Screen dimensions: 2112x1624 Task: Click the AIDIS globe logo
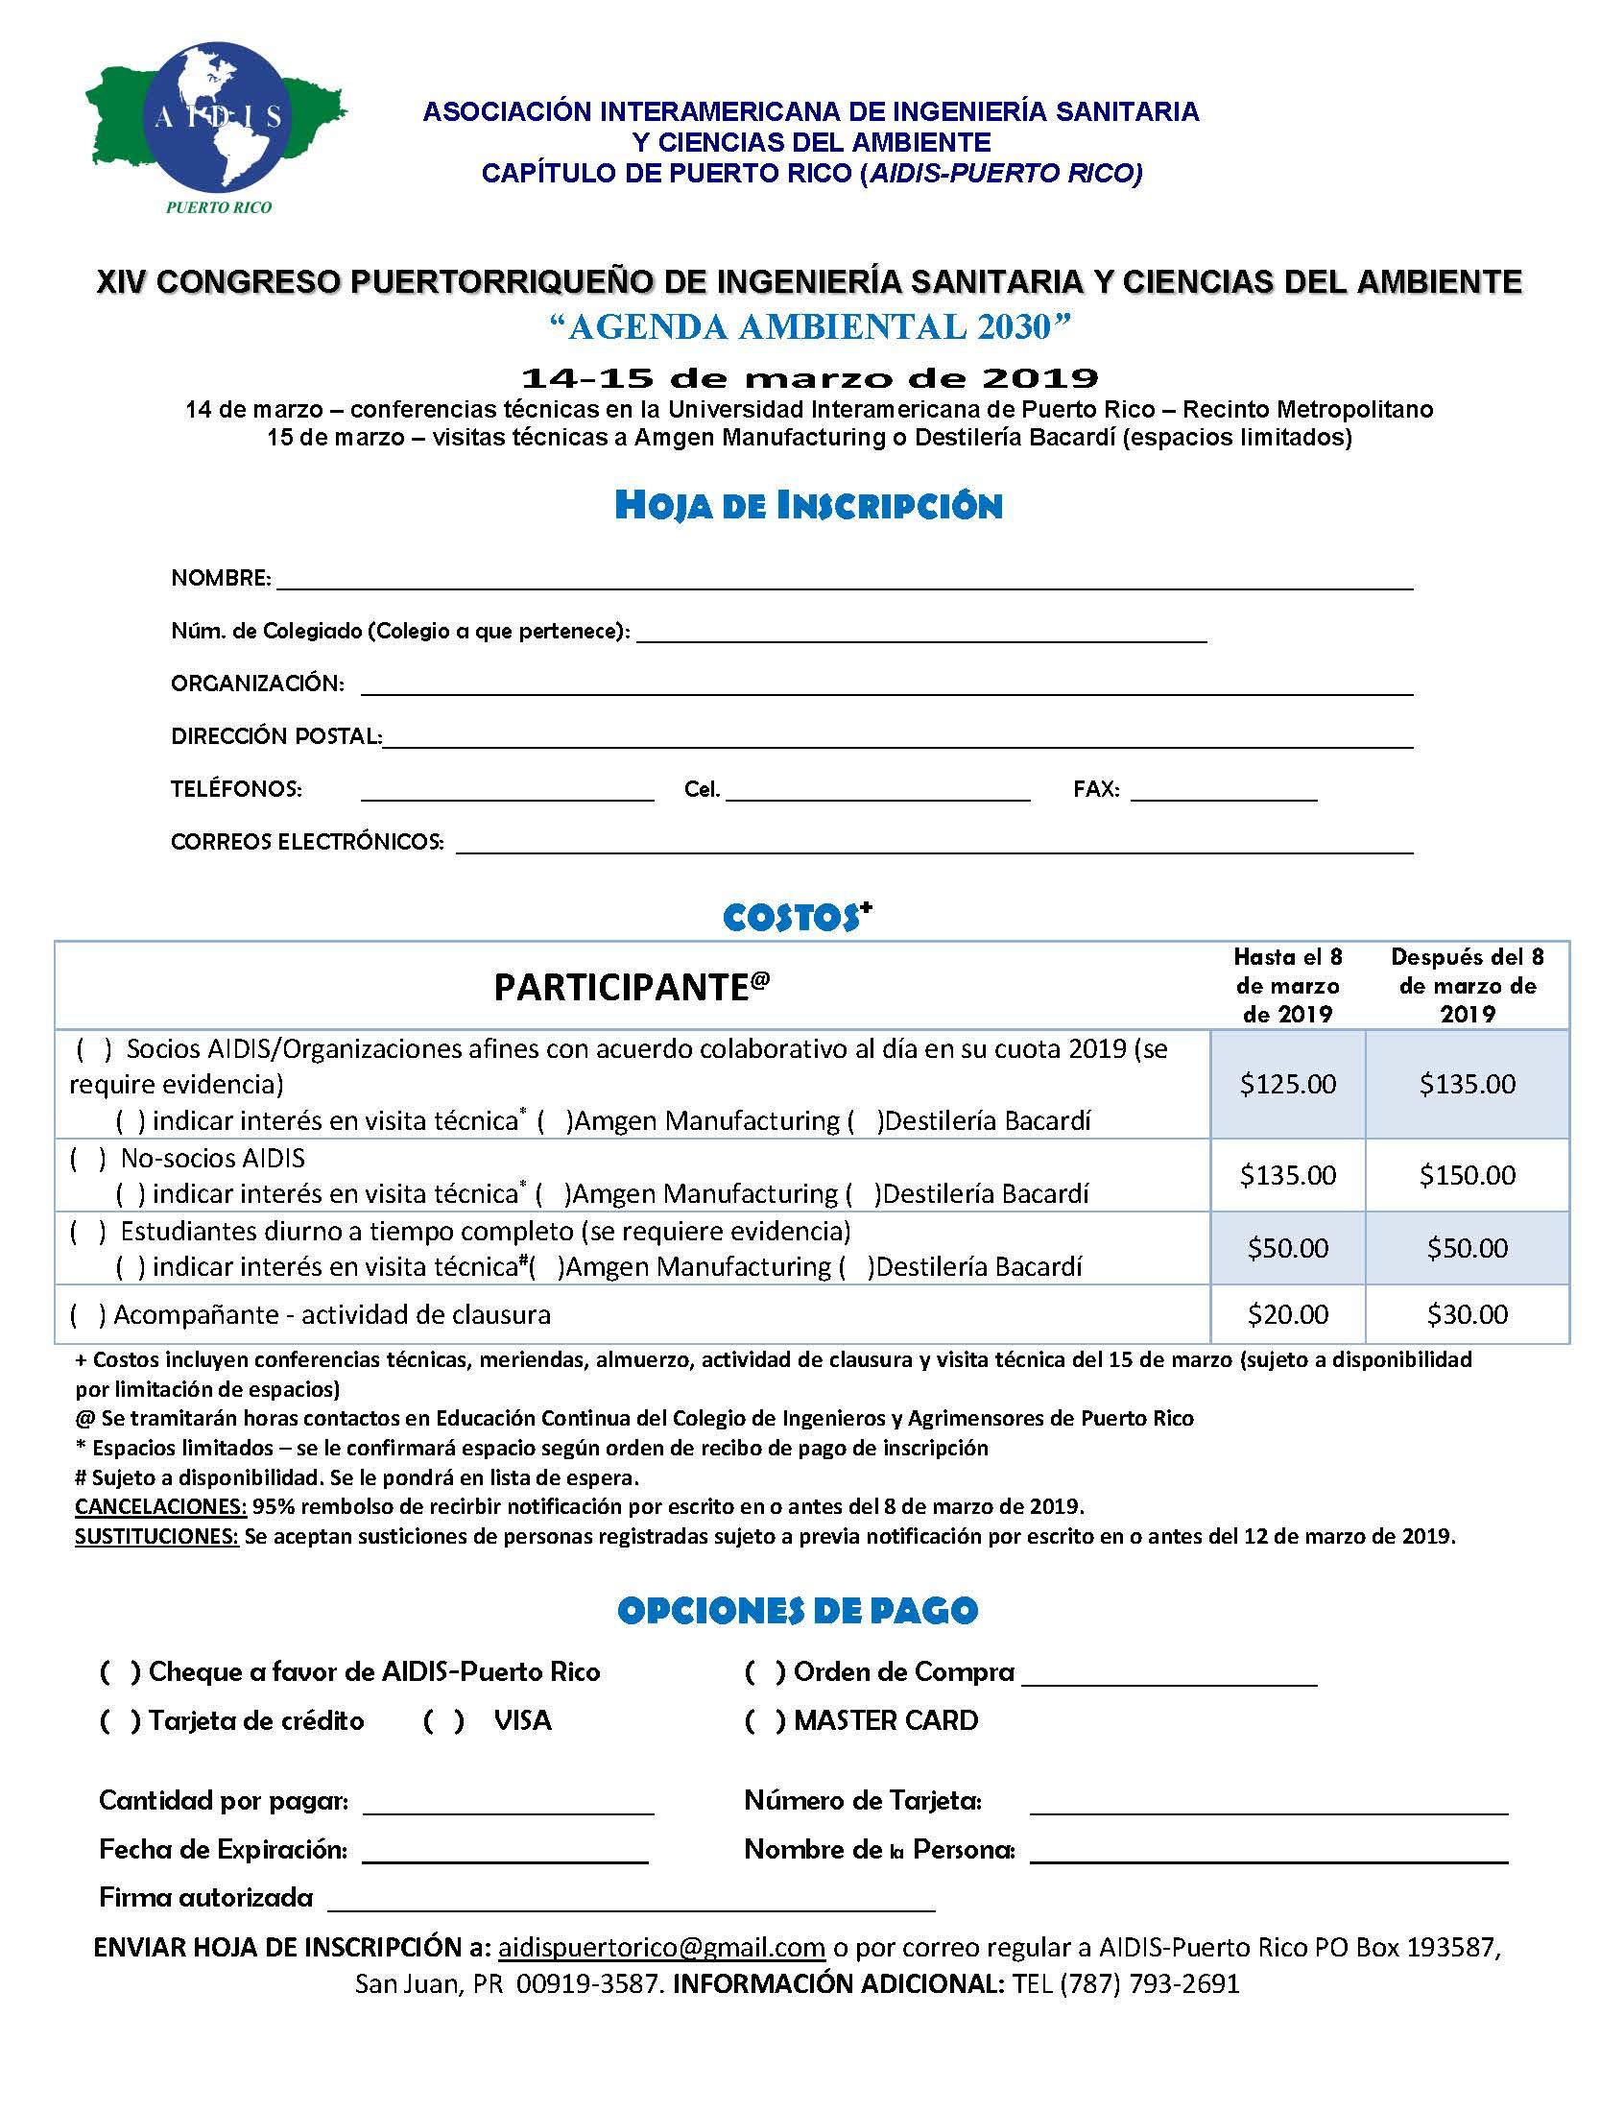pos(219,118)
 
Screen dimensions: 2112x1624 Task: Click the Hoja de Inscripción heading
pos(808,506)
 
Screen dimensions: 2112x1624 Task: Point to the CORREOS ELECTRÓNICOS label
pos(307,842)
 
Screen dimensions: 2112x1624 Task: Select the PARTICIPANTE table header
pos(632,987)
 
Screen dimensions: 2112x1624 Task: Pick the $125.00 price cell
pos(1288,1085)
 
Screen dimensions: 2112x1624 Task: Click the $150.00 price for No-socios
pos(1468,1175)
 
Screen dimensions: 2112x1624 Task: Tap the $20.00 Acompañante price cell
pos(1288,1314)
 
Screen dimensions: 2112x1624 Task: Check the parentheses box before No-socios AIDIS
pos(88,1158)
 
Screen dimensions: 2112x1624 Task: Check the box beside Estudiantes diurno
pos(88,1232)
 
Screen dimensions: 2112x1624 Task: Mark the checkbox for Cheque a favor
pos(121,1672)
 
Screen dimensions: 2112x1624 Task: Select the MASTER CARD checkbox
pos(766,1721)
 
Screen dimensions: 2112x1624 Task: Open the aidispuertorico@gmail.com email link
pos(661,1948)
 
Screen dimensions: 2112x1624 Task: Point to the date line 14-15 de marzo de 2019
pos(809,377)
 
